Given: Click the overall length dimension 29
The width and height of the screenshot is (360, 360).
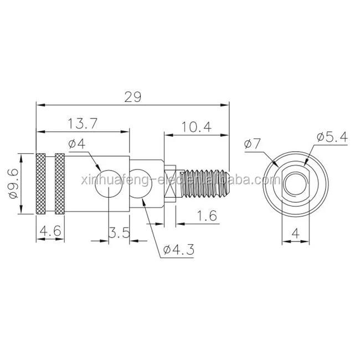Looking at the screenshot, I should (x=132, y=96).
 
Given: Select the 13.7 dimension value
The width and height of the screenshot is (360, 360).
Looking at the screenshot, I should (x=84, y=125).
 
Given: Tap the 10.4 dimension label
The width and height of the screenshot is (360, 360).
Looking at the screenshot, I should (x=197, y=127).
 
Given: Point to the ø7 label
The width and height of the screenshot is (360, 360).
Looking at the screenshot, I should (x=251, y=145).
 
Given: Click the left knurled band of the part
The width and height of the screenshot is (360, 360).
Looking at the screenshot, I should (x=40, y=183).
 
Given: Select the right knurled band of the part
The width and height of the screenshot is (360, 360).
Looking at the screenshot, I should (x=60, y=183).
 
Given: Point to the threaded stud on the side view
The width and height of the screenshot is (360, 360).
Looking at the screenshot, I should (x=205, y=183).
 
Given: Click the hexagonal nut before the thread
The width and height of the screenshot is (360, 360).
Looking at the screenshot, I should (x=172, y=183).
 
